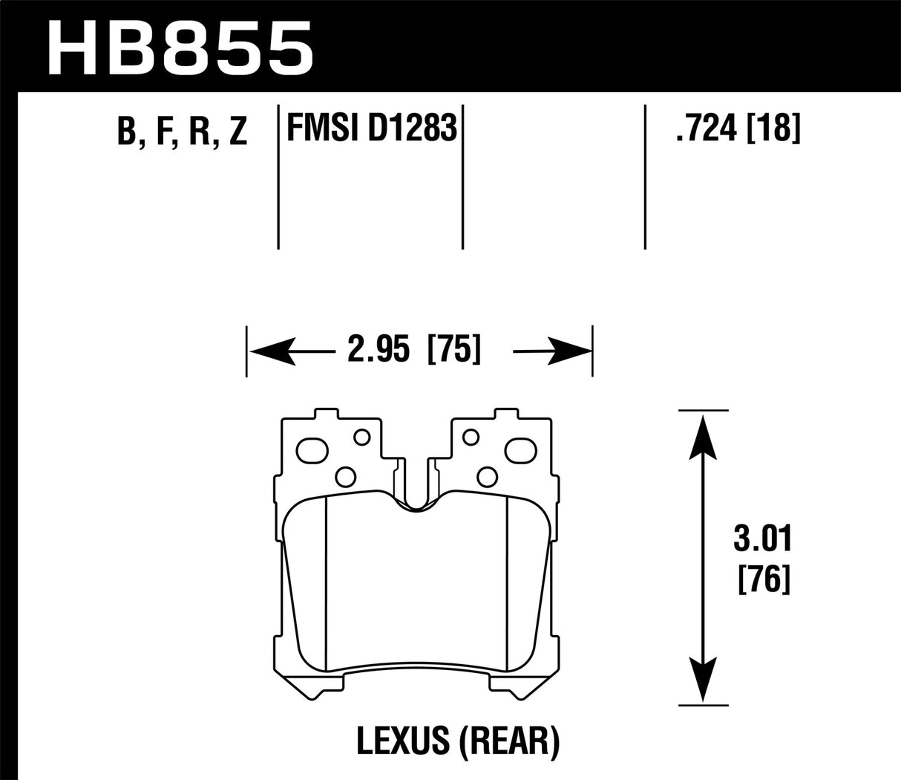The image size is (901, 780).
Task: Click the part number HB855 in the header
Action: click(x=179, y=43)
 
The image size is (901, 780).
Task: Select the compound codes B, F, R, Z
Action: click(x=181, y=131)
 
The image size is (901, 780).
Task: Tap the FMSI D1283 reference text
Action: click(x=370, y=129)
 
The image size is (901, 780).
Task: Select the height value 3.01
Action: click(x=763, y=540)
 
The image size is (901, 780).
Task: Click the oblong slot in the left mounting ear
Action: click(x=312, y=449)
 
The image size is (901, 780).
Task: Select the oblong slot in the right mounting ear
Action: click(x=519, y=449)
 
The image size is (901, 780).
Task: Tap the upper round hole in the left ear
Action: click(x=362, y=437)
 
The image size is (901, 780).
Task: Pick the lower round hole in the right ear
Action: click(x=486, y=475)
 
